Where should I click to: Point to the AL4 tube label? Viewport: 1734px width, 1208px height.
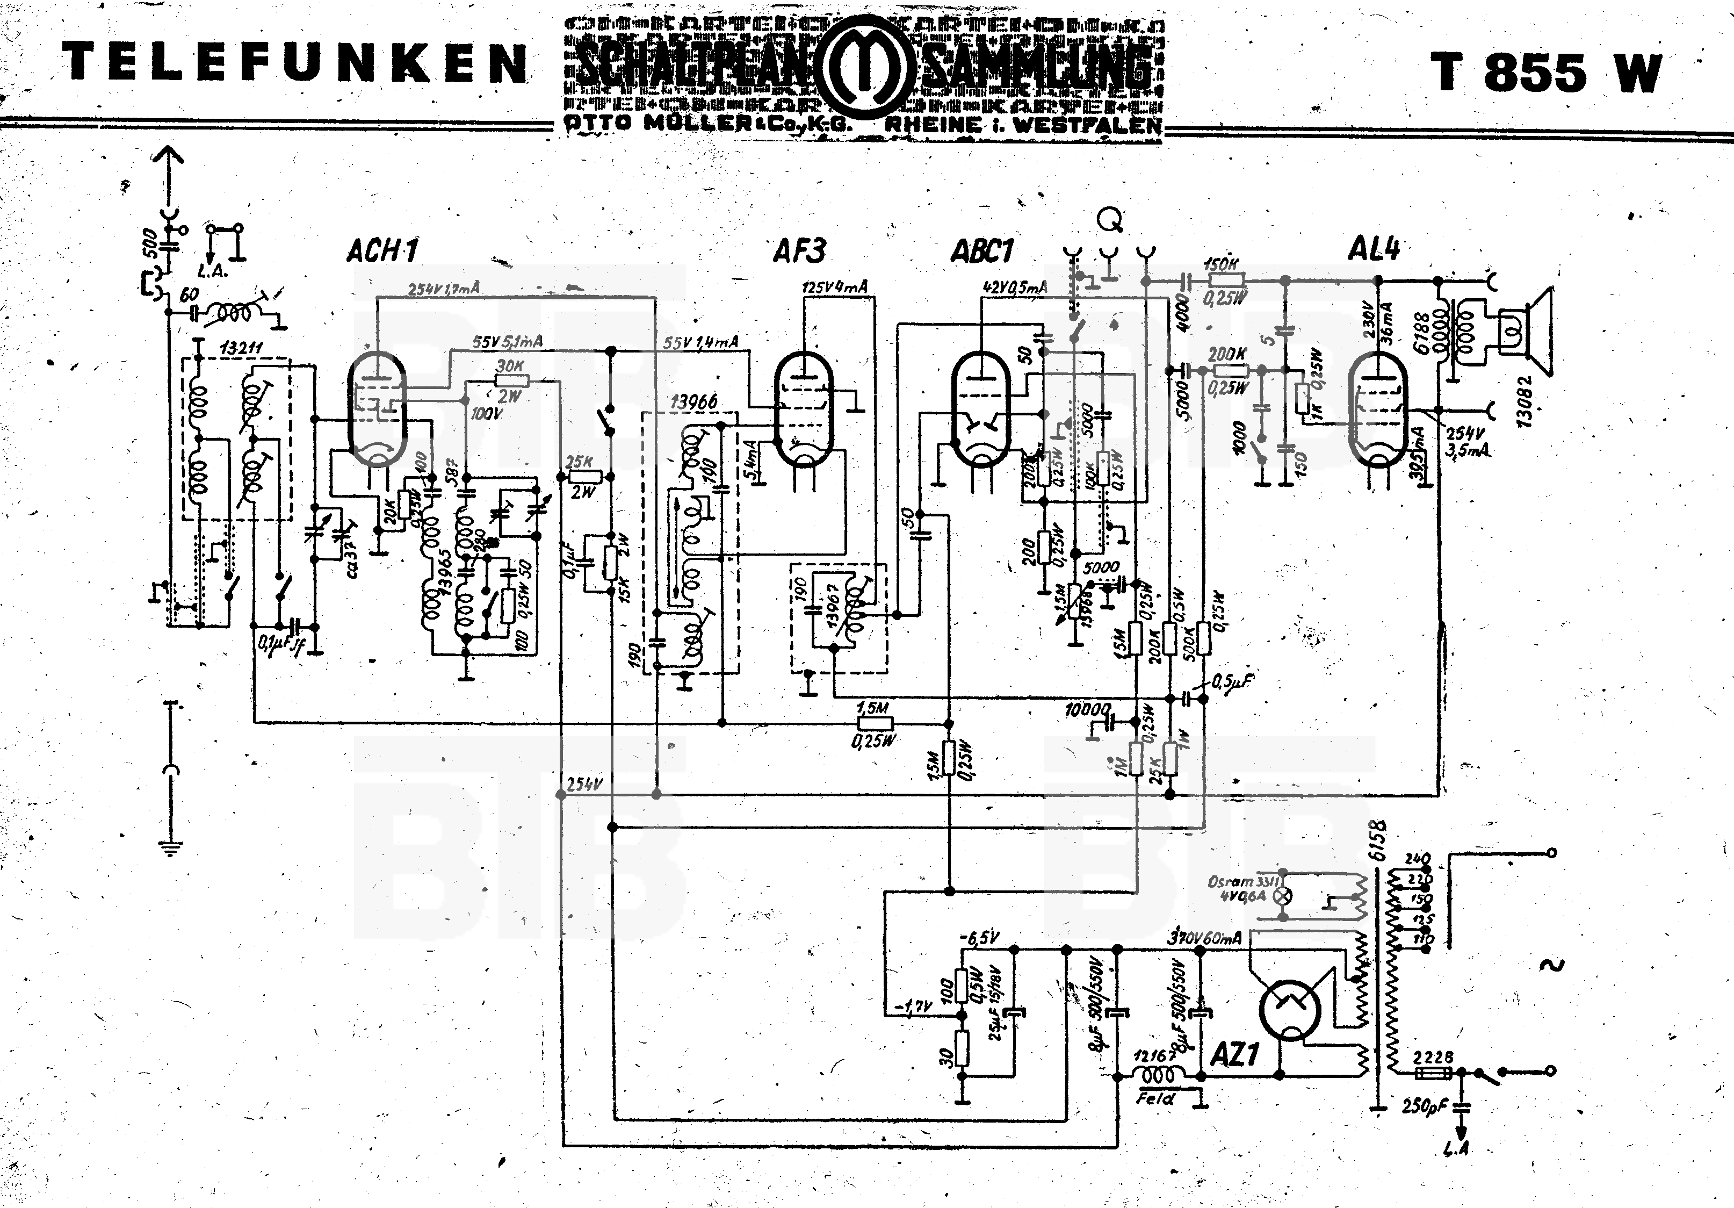click(x=1374, y=248)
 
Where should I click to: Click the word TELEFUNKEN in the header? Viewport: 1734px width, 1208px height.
click(x=294, y=63)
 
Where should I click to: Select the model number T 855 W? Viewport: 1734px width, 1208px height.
click(x=1546, y=73)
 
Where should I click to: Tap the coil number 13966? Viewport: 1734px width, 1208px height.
click(x=692, y=402)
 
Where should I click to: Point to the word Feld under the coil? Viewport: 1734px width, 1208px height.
click(x=1155, y=1098)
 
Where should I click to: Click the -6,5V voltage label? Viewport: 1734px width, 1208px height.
click(x=981, y=938)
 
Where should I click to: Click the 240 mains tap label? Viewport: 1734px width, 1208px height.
click(x=1418, y=859)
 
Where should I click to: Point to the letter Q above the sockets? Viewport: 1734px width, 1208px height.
click(x=1109, y=220)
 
